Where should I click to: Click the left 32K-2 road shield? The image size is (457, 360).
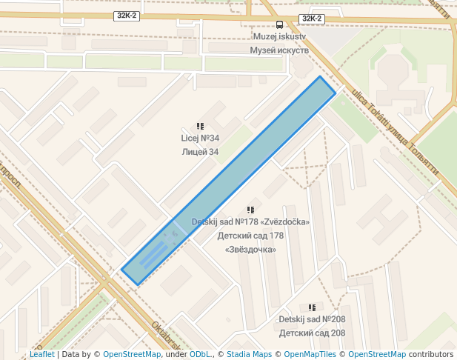click(127, 15)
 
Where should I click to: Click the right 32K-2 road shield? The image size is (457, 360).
click(311, 19)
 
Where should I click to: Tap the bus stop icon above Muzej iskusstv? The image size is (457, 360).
click(279, 24)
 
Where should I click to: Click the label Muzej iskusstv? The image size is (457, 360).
click(279, 36)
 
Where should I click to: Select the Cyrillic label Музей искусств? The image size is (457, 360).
click(279, 50)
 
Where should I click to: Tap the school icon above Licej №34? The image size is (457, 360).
click(200, 127)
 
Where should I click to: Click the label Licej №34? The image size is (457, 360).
click(200, 139)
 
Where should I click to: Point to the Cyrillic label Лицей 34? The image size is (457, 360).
click(200, 152)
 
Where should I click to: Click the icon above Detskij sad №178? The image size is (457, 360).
click(250, 210)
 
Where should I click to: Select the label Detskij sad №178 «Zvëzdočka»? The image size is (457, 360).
click(250, 222)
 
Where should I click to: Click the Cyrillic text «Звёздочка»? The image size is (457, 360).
click(250, 250)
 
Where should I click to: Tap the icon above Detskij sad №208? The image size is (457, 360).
click(312, 307)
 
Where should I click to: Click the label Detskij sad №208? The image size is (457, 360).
click(312, 319)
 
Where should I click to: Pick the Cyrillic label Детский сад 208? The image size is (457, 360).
click(312, 333)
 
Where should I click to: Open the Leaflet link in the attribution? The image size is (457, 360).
click(42, 355)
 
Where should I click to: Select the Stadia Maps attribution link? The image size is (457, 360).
click(249, 355)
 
